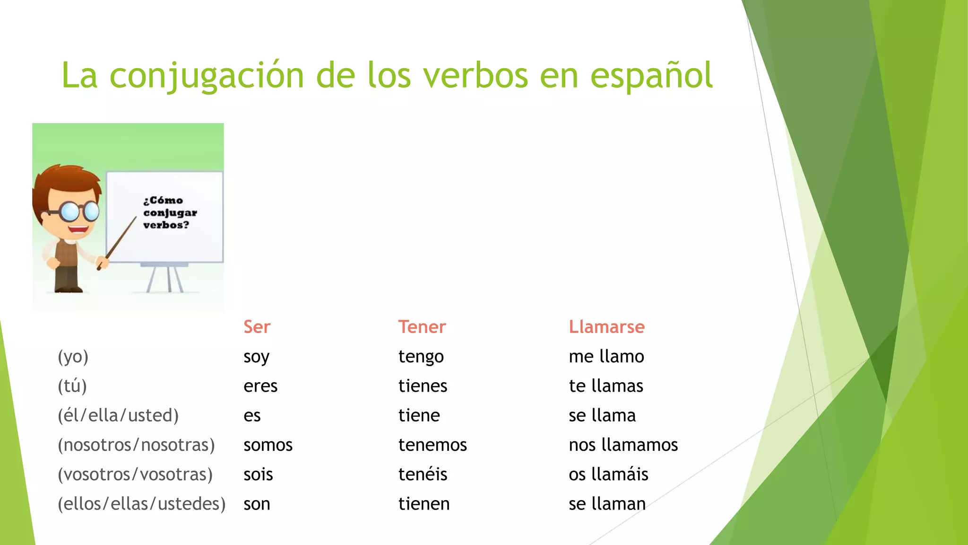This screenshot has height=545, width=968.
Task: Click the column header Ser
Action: coord(257,327)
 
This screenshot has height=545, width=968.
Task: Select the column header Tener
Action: coord(422,327)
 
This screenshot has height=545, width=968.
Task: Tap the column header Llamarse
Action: coord(606,327)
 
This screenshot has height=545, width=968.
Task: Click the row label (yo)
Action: coord(73,357)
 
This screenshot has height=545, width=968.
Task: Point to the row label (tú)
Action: coord(72,386)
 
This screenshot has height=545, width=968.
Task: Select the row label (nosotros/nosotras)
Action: coord(136,445)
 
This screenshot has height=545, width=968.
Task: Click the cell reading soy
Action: coord(256,357)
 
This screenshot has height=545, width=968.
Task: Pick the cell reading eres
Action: coord(260,386)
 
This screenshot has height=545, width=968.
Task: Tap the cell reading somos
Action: coord(268,445)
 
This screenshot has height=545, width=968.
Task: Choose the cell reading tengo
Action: coord(421,357)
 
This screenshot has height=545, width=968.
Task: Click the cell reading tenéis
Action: coord(423,475)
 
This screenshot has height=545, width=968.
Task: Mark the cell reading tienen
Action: coord(423,504)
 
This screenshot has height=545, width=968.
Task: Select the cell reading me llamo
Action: coord(606,357)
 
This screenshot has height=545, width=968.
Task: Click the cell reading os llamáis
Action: coord(608,475)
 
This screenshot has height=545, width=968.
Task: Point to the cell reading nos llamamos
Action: coord(623,445)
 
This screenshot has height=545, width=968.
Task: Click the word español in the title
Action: coord(651,76)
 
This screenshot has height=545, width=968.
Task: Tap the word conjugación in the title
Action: coord(207,76)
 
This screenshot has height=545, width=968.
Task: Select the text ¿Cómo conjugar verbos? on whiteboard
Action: coord(169,213)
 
